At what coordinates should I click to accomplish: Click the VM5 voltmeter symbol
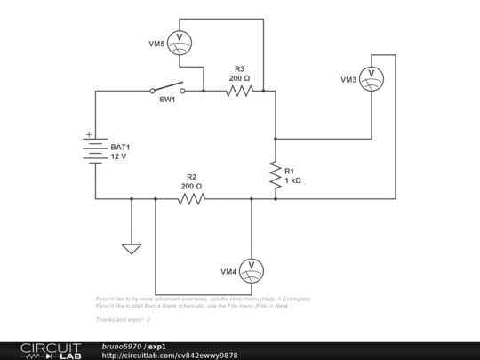coord(180,39)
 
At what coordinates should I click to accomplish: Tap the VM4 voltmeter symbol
coord(252,268)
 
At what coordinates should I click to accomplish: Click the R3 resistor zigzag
coord(239,91)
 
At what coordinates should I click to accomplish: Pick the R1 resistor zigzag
coord(276,175)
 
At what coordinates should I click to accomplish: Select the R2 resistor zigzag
coord(191,199)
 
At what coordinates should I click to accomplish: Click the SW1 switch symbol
coord(166,90)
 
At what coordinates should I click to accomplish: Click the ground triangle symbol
coord(132,248)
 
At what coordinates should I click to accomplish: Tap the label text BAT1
coord(120,147)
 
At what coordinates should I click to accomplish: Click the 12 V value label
coord(118,156)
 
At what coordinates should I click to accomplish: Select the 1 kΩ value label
coord(293,180)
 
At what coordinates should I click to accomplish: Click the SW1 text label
coord(167,100)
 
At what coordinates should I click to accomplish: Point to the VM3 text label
coord(348,80)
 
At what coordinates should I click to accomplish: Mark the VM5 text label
coord(157,43)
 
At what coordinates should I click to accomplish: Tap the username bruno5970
coord(122,346)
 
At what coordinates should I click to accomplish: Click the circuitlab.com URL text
coord(169,355)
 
